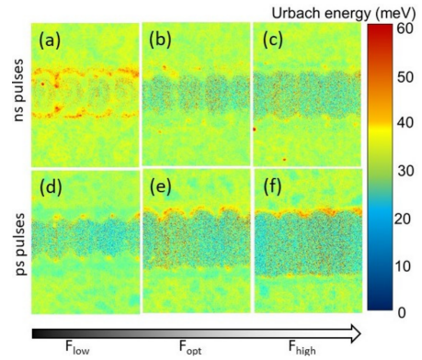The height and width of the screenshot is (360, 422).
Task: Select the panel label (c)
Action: [272, 41]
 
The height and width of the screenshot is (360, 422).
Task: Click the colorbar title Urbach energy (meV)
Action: [350, 9]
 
